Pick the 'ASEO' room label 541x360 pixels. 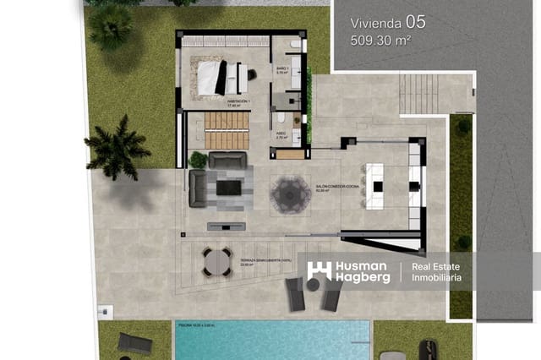pyautogui.click(x=281, y=133)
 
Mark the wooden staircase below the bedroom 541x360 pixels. pyautogui.click(x=227, y=130)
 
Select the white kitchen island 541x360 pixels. pyautogui.click(x=374, y=179)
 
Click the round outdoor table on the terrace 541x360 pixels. pyautogui.click(x=216, y=262)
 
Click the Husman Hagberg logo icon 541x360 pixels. pyautogui.click(x=318, y=271)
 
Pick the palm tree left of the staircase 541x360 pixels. pyautogui.click(x=117, y=147)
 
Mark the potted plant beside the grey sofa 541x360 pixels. pyautogui.click(x=199, y=159)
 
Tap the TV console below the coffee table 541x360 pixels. pyautogui.click(x=227, y=226)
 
